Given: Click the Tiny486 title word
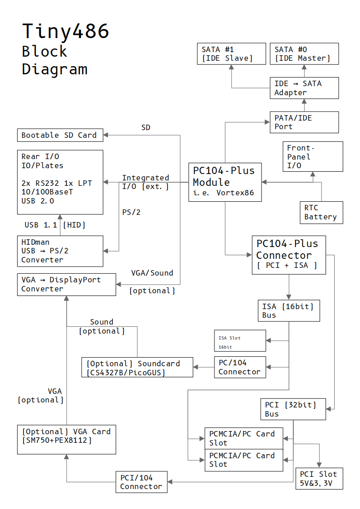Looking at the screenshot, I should (66, 31).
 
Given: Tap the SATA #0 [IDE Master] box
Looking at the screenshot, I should (304, 54).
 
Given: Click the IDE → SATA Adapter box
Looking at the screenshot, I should (304, 88).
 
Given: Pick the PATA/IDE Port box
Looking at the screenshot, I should (304, 122).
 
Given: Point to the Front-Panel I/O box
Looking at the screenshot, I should (313, 156).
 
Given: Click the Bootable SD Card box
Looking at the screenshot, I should (60, 135).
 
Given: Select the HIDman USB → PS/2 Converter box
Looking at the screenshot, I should (60, 251).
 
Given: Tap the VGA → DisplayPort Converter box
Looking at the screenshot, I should (67, 285).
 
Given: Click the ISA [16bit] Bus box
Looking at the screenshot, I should (289, 311).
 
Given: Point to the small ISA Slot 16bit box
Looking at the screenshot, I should (240, 341).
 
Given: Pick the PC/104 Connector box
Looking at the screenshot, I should (240, 367).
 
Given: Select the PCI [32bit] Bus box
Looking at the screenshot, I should (293, 409).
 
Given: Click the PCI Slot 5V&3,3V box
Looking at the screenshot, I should (319, 479).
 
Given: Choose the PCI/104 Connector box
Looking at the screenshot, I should (141, 482).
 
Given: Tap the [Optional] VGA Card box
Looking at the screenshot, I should (67, 439).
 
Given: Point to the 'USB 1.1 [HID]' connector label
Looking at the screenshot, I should (55, 225).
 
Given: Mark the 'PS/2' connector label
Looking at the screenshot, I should (131, 212).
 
